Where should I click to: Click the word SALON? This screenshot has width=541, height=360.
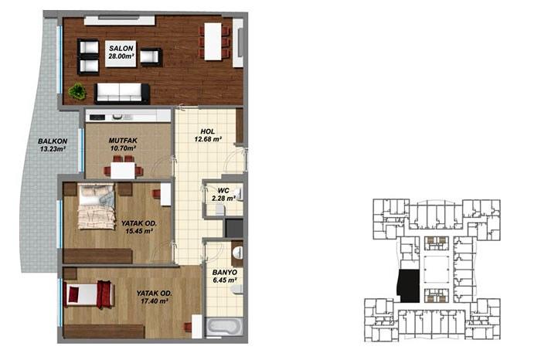pyautogui.click(x=120, y=48)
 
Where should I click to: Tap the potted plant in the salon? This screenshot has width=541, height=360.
pyautogui.click(x=77, y=91)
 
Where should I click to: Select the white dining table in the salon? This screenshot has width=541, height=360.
pyautogui.click(x=213, y=41)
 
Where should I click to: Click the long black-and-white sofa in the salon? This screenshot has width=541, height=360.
pyautogui.click(x=122, y=93)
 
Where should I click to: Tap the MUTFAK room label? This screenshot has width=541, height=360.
pyautogui.click(x=122, y=140)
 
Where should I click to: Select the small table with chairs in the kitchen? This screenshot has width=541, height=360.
pyautogui.click(x=124, y=168)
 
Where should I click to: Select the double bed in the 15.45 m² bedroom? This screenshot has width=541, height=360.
pyautogui.click(x=97, y=206)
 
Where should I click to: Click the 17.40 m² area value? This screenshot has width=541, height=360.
pyautogui.click(x=154, y=303)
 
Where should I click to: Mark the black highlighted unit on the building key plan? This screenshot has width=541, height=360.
pyautogui.click(x=407, y=285)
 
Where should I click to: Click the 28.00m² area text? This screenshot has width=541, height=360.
pyautogui.click(x=120, y=56)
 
